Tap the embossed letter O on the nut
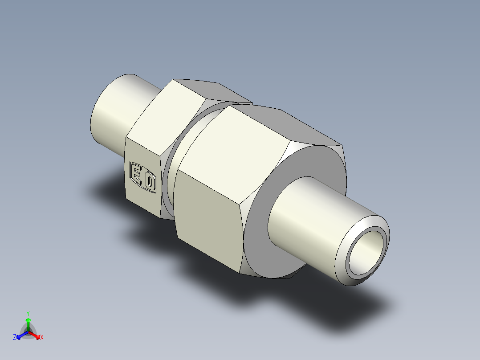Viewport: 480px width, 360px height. tap(151, 183)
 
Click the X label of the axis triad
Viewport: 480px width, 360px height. tap(42, 338)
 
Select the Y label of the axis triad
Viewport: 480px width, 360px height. tap(28, 313)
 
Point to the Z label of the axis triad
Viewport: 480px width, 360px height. tap(14, 338)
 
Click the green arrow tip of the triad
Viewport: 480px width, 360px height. tap(28, 320)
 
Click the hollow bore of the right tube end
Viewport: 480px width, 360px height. tap(366, 254)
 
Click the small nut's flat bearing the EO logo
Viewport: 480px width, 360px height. tap(142, 178)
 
